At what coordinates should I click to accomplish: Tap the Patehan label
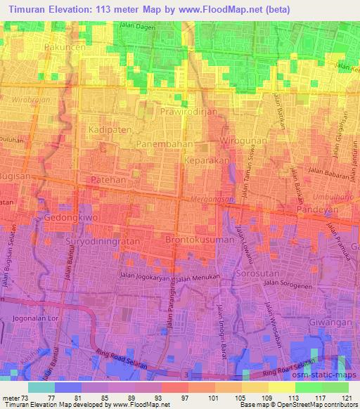click(x=108, y=181)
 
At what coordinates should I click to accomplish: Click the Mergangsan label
click(x=212, y=200)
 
